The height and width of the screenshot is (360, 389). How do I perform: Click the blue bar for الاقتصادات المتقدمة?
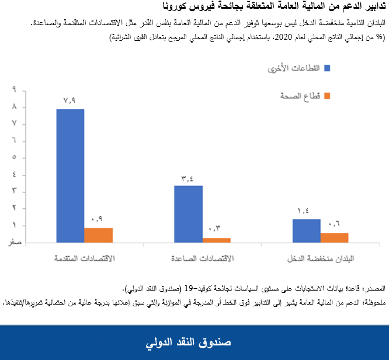point(70,175)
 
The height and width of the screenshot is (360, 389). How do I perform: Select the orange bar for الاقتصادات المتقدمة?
point(98,235)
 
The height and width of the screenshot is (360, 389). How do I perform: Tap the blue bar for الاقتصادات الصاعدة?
point(188,214)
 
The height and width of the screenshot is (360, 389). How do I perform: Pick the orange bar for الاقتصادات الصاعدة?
point(216,239)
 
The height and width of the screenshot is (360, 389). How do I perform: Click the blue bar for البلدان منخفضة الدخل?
point(306,230)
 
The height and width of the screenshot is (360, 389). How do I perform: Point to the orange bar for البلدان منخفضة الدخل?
point(334,237)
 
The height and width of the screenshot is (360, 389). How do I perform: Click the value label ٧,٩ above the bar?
point(70,100)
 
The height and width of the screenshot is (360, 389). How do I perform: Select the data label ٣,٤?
point(188,177)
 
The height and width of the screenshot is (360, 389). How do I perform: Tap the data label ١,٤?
point(306,211)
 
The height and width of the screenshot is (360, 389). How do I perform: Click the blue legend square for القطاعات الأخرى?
point(327,68)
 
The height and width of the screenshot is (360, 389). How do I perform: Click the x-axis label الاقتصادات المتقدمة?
point(84,258)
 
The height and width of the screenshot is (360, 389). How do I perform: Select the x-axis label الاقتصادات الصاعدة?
point(202,258)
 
